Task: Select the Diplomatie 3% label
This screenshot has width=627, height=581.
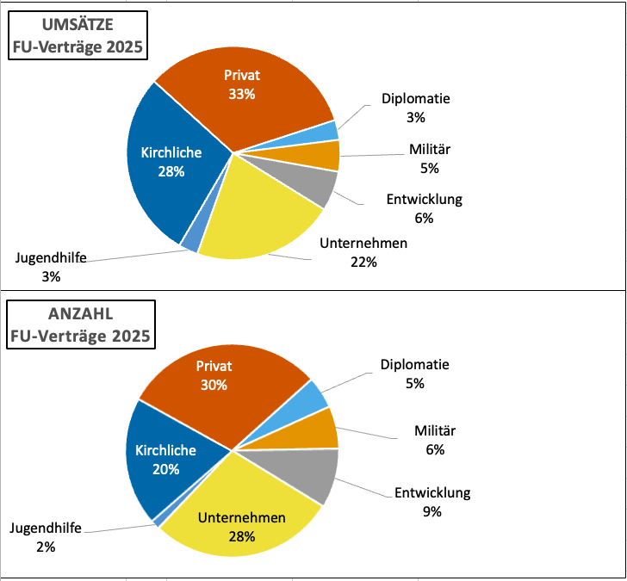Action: (x=416, y=108)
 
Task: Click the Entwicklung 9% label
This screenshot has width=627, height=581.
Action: (x=432, y=503)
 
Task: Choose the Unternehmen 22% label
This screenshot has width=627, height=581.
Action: (x=363, y=253)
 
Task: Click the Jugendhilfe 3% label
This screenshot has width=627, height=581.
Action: (x=51, y=266)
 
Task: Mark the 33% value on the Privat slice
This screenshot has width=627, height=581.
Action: (x=241, y=94)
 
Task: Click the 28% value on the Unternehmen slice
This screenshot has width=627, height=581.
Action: (x=241, y=537)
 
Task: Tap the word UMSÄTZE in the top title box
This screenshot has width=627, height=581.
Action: (x=48, y=26)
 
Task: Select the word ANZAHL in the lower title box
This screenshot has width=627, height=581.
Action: (x=46, y=314)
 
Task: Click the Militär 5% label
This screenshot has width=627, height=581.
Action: (x=430, y=158)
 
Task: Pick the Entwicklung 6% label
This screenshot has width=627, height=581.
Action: (x=424, y=208)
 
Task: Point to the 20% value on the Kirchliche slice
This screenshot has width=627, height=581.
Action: (x=165, y=470)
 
